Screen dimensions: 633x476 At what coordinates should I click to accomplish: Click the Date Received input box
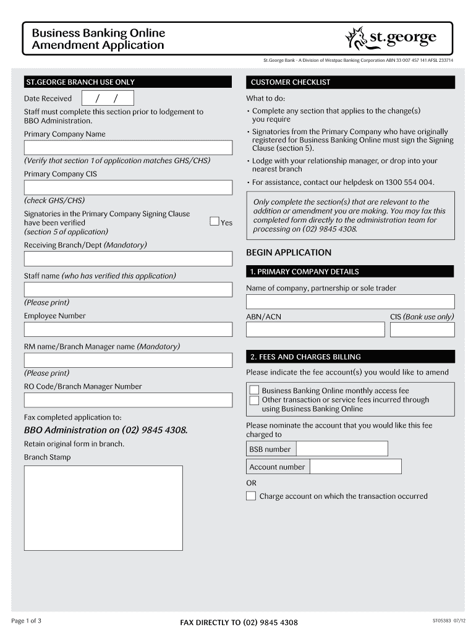click(106, 98)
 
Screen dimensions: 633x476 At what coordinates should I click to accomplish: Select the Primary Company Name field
click(128, 148)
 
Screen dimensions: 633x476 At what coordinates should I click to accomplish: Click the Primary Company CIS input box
click(128, 187)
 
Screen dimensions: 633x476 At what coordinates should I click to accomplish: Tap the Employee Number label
click(55, 316)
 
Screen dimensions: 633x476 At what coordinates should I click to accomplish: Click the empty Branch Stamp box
click(103, 508)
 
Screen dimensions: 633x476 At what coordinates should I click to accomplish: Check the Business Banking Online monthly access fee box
click(254, 390)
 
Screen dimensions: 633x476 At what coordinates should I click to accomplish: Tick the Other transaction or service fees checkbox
click(254, 400)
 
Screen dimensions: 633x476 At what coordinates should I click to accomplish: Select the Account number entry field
click(355, 467)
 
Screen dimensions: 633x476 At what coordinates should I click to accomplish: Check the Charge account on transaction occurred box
click(251, 496)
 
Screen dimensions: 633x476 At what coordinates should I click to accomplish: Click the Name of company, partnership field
click(350, 302)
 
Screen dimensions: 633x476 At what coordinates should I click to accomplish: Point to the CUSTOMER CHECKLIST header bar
click(350, 82)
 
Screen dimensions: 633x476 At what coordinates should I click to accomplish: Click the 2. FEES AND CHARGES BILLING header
click(350, 357)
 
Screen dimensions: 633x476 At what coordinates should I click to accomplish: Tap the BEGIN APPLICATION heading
click(289, 252)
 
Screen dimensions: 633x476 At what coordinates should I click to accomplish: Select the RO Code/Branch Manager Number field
click(128, 400)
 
